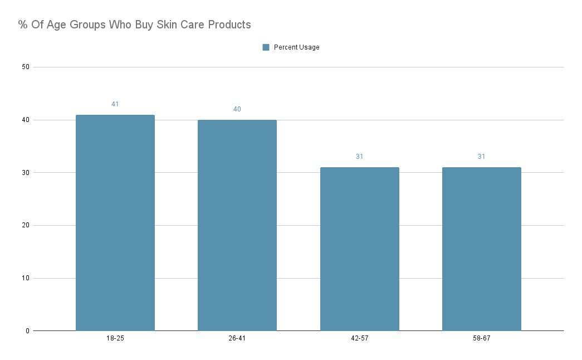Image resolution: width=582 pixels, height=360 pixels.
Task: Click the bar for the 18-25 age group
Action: pyautogui.click(x=115, y=223)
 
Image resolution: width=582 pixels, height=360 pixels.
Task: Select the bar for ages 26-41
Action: pyautogui.click(x=237, y=225)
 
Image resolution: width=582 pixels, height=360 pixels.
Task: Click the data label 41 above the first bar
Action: pyautogui.click(x=115, y=104)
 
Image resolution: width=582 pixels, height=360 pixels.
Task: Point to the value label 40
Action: pyautogui.click(x=237, y=109)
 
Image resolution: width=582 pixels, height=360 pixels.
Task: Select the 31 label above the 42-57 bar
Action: pyautogui.click(x=359, y=157)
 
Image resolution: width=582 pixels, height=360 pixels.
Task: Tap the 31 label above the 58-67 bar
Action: pyautogui.click(x=481, y=157)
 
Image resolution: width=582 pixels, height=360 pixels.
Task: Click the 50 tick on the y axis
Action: pyautogui.click(x=25, y=67)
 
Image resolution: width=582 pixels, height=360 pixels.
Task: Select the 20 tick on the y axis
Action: pyautogui.click(x=25, y=226)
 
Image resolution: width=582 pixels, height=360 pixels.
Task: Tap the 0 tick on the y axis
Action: pyautogui.click(x=27, y=331)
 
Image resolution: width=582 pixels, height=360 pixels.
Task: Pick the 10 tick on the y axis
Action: pyautogui.click(x=25, y=278)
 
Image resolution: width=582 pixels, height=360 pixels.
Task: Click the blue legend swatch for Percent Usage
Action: pyautogui.click(x=266, y=47)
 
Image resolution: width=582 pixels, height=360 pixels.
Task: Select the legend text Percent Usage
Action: pyautogui.click(x=296, y=47)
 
